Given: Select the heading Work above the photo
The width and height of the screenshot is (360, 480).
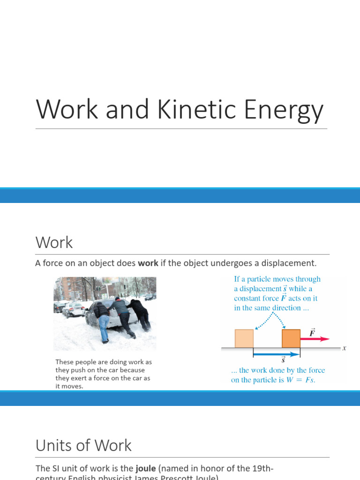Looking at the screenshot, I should click(x=54, y=243).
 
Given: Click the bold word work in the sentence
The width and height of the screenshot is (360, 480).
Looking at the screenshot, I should click(x=148, y=263).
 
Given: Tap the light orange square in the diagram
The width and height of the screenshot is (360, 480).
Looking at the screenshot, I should click(x=244, y=338).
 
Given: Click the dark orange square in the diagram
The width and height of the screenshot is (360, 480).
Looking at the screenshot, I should click(x=291, y=338).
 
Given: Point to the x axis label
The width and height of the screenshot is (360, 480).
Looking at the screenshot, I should click(x=344, y=348).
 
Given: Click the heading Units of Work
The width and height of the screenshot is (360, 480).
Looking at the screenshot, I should click(x=83, y=445).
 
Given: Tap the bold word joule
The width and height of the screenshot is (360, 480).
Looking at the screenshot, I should click(x=147, y=468).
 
